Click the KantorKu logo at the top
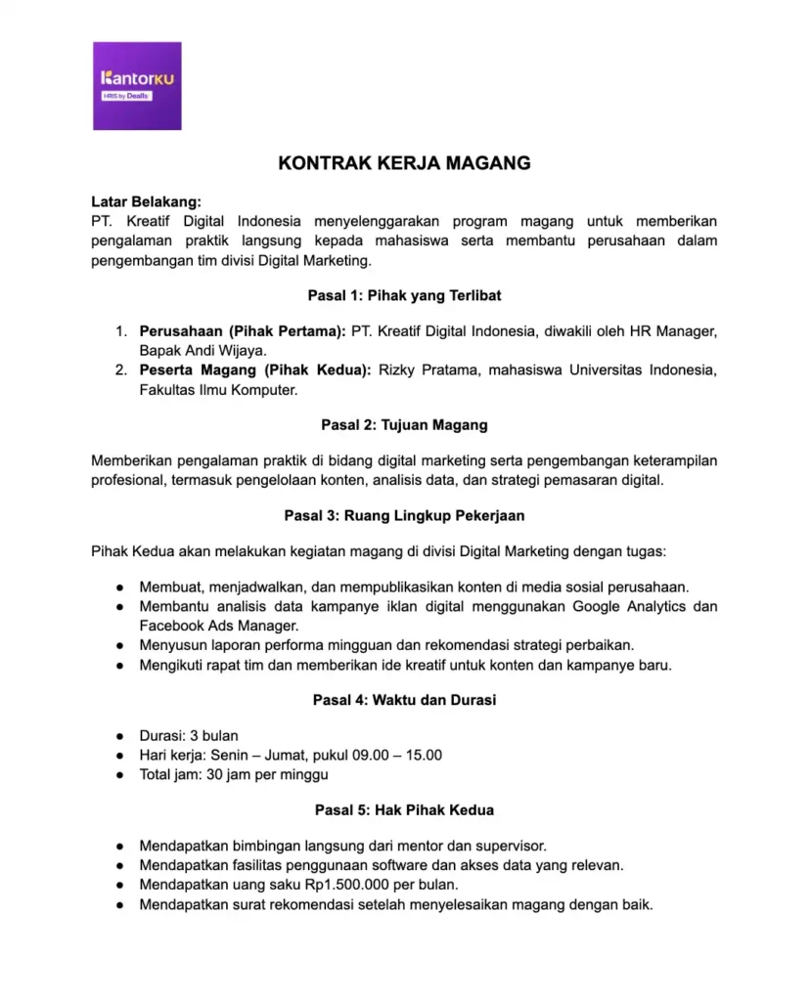(137, 86)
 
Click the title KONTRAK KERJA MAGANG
(404, 163)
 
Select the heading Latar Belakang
(146, 202)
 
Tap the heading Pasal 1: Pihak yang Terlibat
(404, 295)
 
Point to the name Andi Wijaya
(224, 350)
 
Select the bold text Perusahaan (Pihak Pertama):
(242, 331)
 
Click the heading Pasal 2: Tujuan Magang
(404, 425)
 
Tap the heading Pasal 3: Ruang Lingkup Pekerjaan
(404, 515)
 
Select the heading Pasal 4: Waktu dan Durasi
(404, 700)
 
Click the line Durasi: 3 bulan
(188, 736)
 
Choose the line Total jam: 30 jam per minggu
(233, 775)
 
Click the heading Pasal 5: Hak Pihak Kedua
(404, 810)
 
